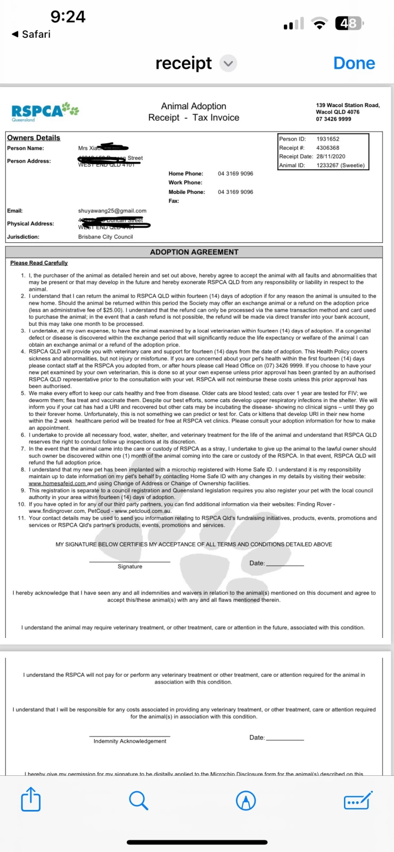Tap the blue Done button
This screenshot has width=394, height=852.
pyautogui.click(x=354, y=63)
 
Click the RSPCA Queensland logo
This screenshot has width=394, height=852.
pyautogui.click(x=45, y=111)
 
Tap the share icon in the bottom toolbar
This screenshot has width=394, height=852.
pyautogui.click(x=31, y=800)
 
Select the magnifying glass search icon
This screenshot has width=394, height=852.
pyautogui.click(x=138, y=800)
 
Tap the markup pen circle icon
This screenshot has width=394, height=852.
pyautogui.click(x=246, y=800)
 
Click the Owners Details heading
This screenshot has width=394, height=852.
pyautogui.click(x=34, y=138)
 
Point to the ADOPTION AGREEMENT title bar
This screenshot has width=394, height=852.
pyautogui.click(x=194, y=252)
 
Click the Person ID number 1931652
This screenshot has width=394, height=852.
pyautogui.click(x=328, y=139)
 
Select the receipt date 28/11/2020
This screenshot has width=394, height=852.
pyautogui.click(x=331, y=157)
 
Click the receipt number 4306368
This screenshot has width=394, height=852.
pyautogui.click(x=328, y=148)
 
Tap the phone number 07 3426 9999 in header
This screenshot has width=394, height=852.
pyautogui.click(x=333, y=119)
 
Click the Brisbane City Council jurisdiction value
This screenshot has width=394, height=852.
pyautogui.click(x=105, y=237)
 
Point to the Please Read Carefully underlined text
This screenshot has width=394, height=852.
pyautogui.click(x=39, y=263)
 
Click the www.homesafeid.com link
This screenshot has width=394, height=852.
pyautogui.click(x=58, y=484)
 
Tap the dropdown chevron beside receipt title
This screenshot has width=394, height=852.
pyautogui.click(x=228, y=63)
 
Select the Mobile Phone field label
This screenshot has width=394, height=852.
pyautogui.click(x=187, y=192)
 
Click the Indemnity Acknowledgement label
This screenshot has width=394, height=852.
pyautogui.click(x=130, y=741)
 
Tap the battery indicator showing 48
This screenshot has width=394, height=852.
pyautogui.click(x=349, y=23)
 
